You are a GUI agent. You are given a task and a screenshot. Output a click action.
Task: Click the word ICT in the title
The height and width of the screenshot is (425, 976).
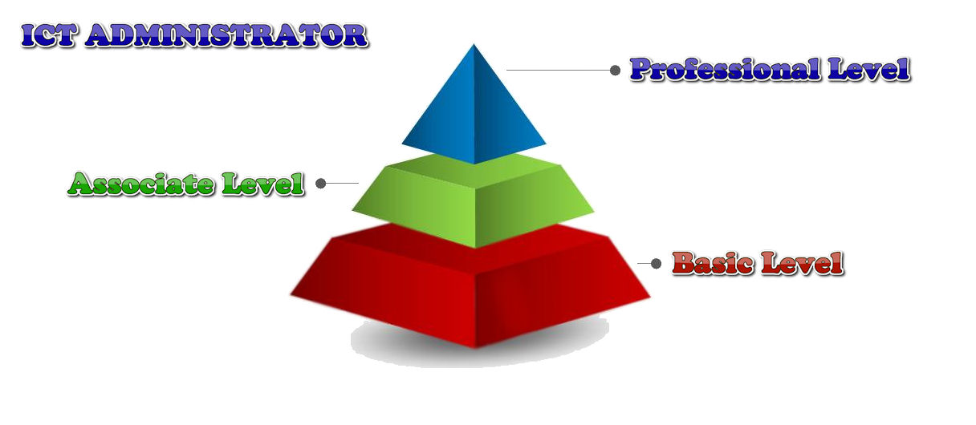(x=49, y=35)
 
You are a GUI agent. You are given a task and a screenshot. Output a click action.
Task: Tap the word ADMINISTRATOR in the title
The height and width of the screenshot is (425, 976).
(x=226, y=35)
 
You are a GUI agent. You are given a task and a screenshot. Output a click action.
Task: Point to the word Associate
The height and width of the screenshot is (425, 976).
(x=140, y=184)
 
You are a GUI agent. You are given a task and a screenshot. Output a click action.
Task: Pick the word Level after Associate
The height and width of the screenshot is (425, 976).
(x=262, y=184)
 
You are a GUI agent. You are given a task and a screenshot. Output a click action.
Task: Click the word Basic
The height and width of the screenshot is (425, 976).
(x=713, y=263)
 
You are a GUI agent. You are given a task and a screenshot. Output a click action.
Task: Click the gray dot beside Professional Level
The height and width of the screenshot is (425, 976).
(x=615, y=70)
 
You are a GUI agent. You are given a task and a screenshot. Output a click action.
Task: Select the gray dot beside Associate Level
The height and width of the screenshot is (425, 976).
(x=321, y=184)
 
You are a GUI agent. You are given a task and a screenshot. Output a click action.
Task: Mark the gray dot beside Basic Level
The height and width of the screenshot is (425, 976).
(x=657, y=264)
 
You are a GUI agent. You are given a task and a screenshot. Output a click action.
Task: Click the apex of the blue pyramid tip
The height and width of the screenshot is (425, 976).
(x=474, y=44)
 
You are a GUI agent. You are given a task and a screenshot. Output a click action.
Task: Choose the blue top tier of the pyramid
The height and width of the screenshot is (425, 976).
(x=474, y=113)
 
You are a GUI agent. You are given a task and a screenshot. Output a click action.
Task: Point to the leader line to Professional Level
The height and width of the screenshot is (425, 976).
(x=558, y=70)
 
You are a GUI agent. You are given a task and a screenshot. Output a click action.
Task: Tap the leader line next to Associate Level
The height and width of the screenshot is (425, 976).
(x=343, y=184)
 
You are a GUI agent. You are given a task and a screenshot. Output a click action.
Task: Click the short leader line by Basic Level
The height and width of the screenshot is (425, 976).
(x=644, y=264)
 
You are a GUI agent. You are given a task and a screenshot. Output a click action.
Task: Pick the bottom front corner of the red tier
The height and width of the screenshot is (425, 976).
(x=475, y=348)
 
